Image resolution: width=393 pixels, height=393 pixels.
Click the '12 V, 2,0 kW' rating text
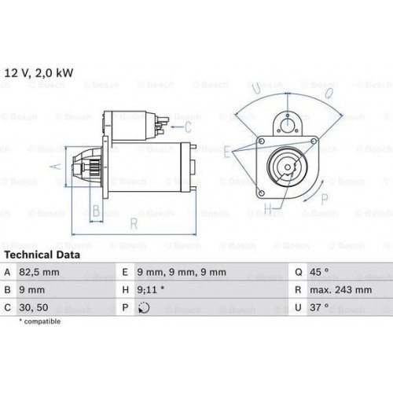(x=39, y=73)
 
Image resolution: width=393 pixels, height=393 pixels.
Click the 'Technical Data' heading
(x=42, y=255)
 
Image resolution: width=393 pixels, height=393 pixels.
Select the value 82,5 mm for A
(x=39, y=272)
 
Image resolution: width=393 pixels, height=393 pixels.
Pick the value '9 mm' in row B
(x=32, y=290)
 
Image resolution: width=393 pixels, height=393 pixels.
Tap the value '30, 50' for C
(x=34, y=307)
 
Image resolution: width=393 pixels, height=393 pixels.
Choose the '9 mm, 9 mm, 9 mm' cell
(x=182, y=272)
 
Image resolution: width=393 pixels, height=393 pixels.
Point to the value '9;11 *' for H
(x=151, y=290)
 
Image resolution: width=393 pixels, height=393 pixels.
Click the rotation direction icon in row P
(x=144, y=307)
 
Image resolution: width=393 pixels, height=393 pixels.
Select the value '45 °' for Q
(x=319, y=272)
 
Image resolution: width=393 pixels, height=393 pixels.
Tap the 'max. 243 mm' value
(x=341, y=290)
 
